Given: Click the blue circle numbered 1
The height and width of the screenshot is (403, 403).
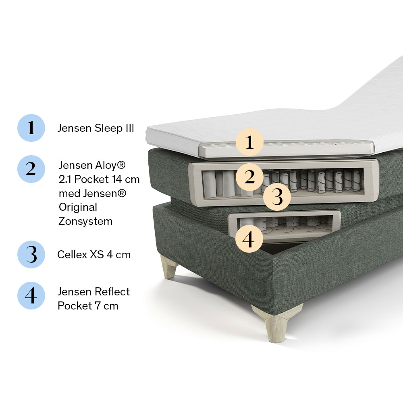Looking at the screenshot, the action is [x=31, y=128].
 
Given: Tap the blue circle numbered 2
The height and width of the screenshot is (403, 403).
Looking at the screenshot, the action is [x=31, y=169].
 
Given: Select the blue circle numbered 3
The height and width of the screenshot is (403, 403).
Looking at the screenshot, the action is [x=31, y=254].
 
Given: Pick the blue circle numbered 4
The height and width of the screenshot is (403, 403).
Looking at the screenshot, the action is [x=31, y=295].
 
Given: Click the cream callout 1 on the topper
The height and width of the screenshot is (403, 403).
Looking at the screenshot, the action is [x=249, y=142].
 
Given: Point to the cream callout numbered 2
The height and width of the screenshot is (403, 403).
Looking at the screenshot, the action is [x=249, y=177].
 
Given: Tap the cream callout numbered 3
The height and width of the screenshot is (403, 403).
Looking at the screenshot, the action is [x=277, y=197].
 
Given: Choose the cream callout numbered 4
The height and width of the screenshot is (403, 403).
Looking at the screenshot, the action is [x=249, y=239].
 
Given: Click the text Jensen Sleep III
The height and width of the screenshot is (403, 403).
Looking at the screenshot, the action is [x=96, y=128].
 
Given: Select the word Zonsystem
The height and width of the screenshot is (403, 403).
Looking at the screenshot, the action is [x=85, y=221].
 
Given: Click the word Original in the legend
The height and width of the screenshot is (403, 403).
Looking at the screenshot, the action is [x=78, y=207].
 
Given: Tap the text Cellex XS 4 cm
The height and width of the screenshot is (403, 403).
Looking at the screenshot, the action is [x=94, y=255].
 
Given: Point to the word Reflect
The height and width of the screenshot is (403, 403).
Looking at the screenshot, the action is [x=112, y=292].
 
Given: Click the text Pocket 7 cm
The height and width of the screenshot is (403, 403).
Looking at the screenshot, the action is [x=88, y=306].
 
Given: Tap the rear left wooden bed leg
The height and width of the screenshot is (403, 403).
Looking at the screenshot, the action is [x=168, y=266].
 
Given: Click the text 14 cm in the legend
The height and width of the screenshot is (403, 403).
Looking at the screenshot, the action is [x=125, y=179].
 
